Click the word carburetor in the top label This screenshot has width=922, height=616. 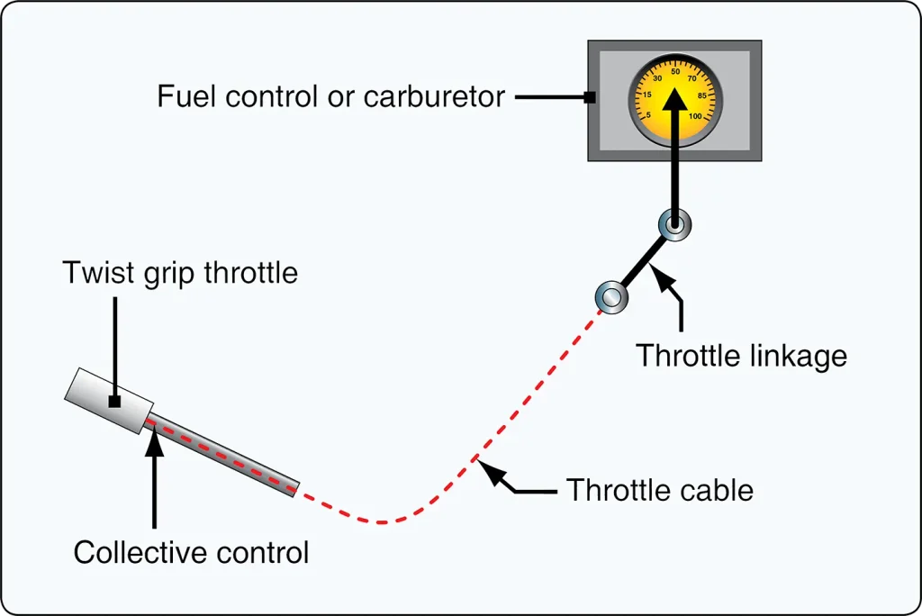[434, 96]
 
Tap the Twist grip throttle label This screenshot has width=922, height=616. [180, 273]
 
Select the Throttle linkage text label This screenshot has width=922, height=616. [742, 356]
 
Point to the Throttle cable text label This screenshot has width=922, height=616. [660, 490]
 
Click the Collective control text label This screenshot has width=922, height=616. [191, 552]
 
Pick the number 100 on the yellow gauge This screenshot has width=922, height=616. [695, 116]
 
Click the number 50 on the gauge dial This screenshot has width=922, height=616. [675, 72]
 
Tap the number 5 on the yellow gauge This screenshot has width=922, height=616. [648, 115]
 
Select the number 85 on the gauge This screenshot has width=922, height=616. [702, 95]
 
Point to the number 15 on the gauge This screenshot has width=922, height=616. [646, 95]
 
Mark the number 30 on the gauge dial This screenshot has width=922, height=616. [657, 78]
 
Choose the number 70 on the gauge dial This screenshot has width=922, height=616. [692, 78]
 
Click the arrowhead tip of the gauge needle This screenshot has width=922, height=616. [675, 87]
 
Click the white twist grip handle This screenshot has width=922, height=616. [109, 401]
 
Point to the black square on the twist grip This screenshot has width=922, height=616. [114, 402]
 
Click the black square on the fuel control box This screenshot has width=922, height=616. [590, 97]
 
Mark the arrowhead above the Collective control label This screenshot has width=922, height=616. [154, 441]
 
